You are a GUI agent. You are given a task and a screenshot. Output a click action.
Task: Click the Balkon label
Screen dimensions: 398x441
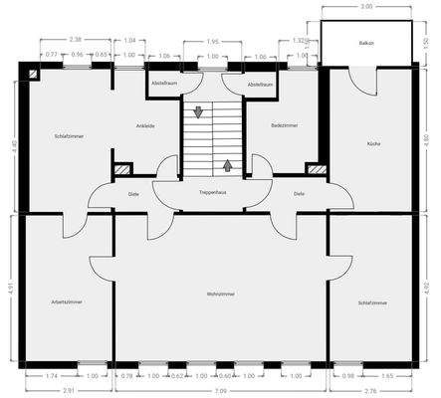[365, 44]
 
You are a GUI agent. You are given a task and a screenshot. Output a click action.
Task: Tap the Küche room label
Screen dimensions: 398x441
[373, 144]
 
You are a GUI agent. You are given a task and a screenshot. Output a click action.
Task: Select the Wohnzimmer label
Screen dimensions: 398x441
[220, 296]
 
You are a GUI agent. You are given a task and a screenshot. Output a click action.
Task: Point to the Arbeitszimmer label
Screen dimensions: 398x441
[67, 301]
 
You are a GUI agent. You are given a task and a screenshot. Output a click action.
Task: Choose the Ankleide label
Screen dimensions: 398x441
[145, 126]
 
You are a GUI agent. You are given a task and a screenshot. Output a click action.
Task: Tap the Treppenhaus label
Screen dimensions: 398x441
[214, 191]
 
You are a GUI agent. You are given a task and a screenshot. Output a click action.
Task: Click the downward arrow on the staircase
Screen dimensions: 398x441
[199, 112]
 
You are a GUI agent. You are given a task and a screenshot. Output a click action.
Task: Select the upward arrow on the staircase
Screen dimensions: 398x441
[228, 165]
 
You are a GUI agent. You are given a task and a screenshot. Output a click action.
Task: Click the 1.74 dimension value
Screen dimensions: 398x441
[52, 377]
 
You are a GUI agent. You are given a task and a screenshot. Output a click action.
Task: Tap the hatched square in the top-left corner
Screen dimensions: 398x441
[35, 73]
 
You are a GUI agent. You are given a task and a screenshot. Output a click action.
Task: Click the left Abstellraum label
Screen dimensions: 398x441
[163, 85]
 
